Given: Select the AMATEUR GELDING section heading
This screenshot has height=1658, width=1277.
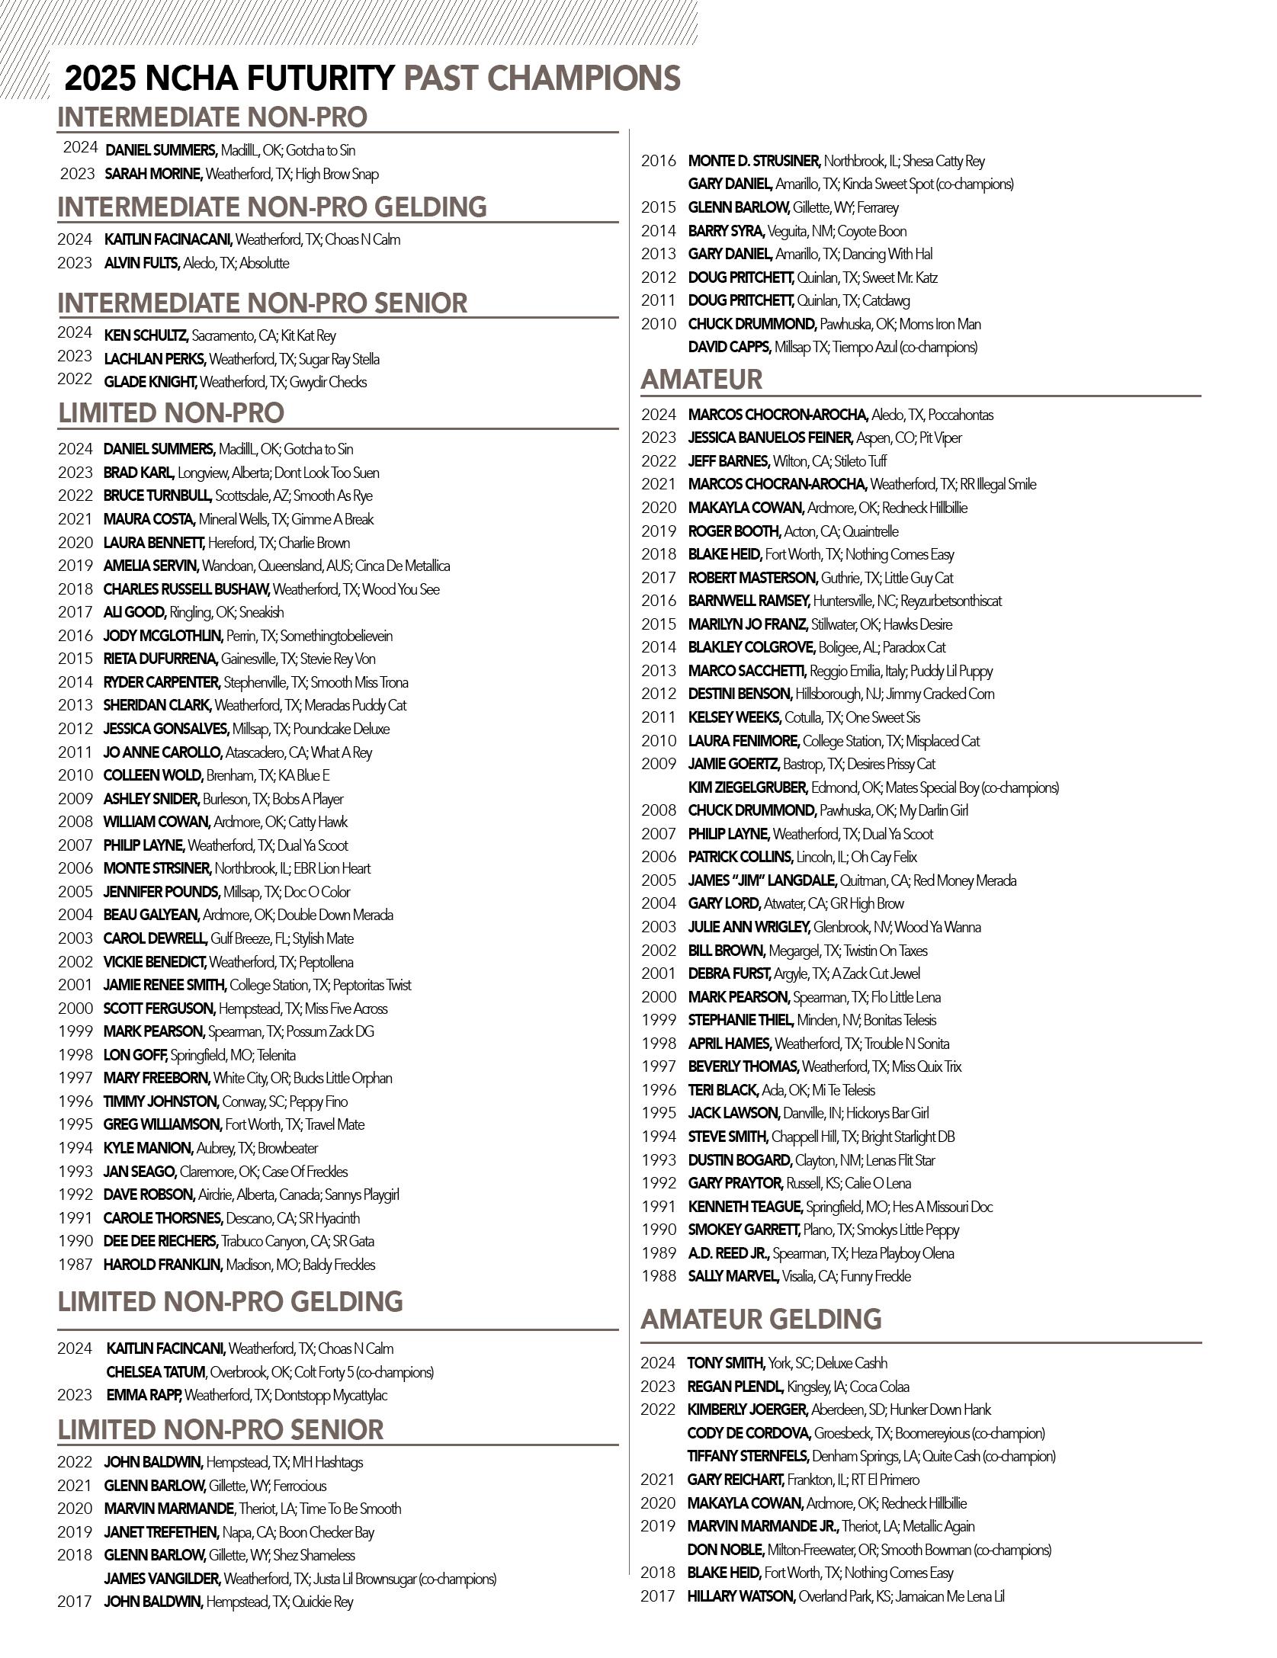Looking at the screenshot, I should (761, 1319).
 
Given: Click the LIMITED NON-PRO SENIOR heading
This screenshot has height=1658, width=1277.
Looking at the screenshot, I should (220, 1429).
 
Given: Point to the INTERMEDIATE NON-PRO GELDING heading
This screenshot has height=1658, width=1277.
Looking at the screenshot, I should (272, 207).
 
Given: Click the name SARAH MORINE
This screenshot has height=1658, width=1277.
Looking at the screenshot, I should (153, 174).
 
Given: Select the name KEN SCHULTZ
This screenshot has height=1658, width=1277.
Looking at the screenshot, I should (146, 335).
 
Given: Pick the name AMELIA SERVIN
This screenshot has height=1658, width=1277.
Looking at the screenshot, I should (151, 566).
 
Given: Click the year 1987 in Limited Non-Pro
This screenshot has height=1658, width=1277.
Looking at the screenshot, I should (75, 1265).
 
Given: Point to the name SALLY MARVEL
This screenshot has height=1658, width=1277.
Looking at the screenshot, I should (733, 1276).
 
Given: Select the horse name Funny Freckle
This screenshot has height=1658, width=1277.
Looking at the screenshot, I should (876, 1276).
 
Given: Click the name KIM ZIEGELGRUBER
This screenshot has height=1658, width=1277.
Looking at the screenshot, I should (747, 787).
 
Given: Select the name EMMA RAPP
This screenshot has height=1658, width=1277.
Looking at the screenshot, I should (144, 1395).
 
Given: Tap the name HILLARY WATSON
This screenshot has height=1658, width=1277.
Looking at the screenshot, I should (741, 1595).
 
